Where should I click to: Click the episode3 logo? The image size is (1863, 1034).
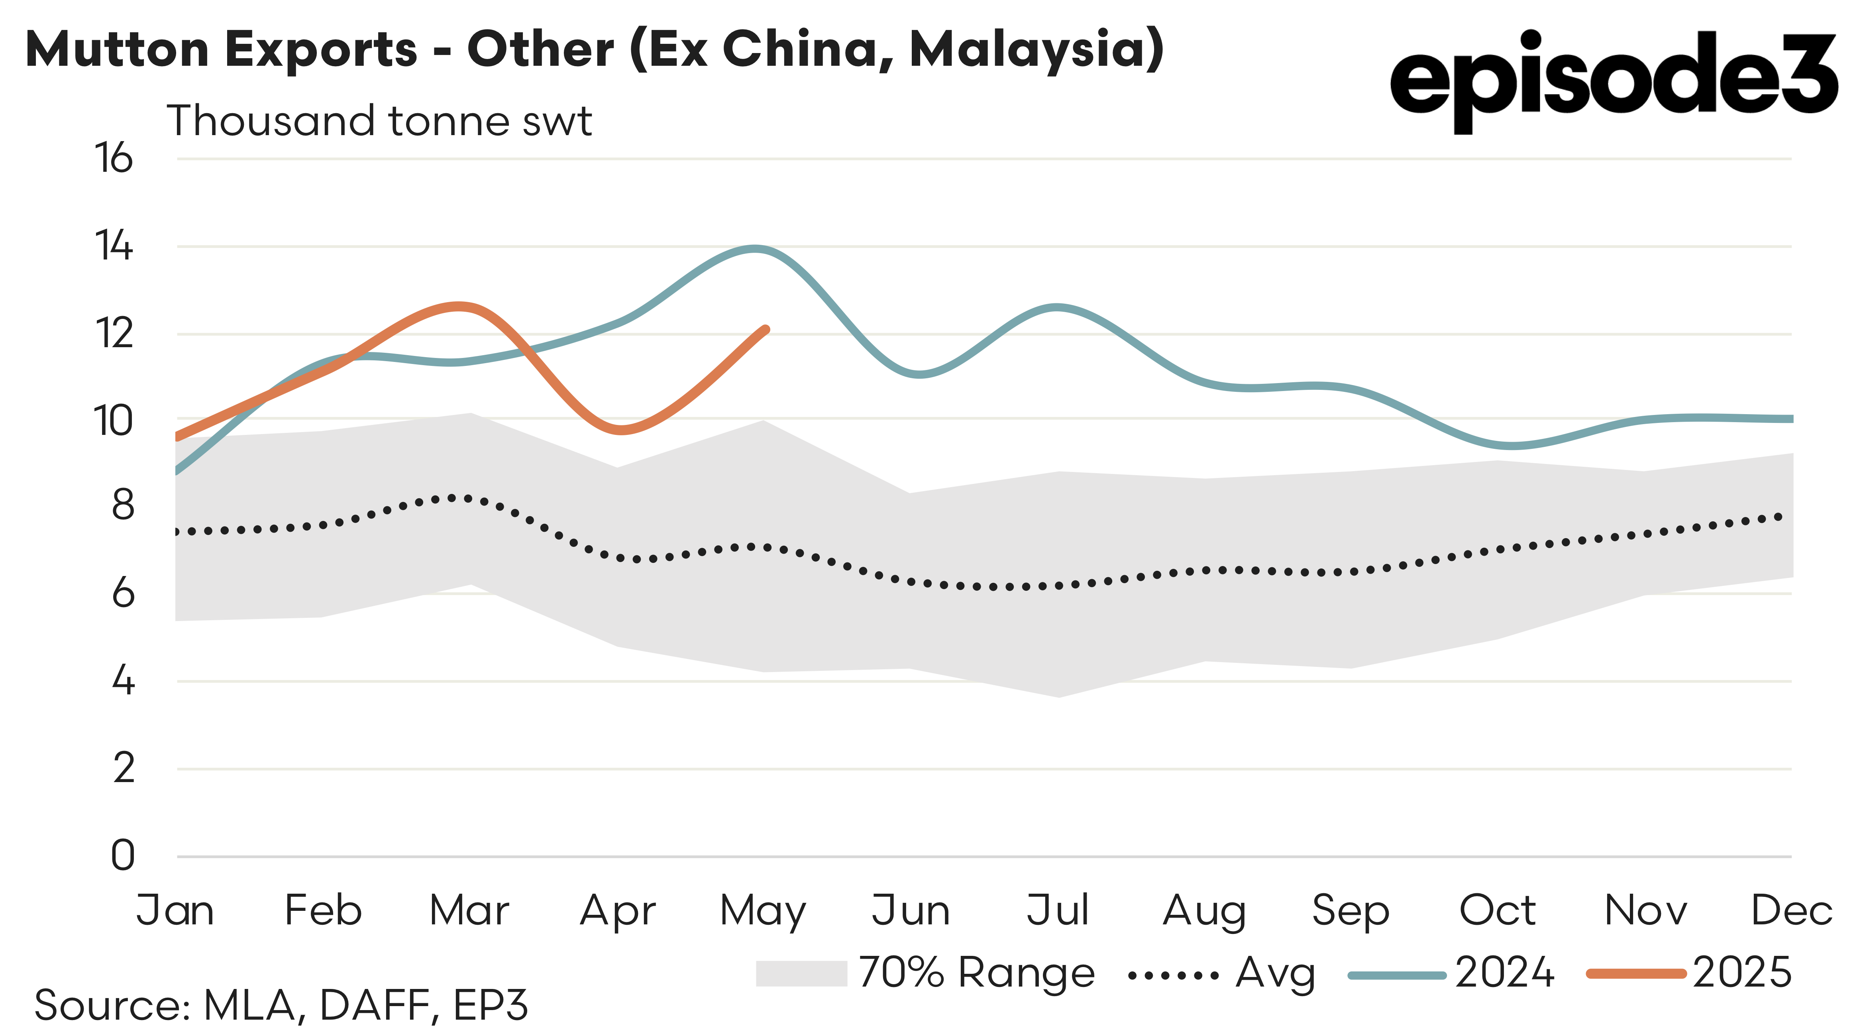click(1613, 80)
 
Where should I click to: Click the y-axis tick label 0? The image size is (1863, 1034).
click(123, 855)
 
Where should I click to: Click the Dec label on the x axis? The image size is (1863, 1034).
click(1791, 910)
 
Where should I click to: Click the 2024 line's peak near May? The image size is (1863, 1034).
click(756, 249)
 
